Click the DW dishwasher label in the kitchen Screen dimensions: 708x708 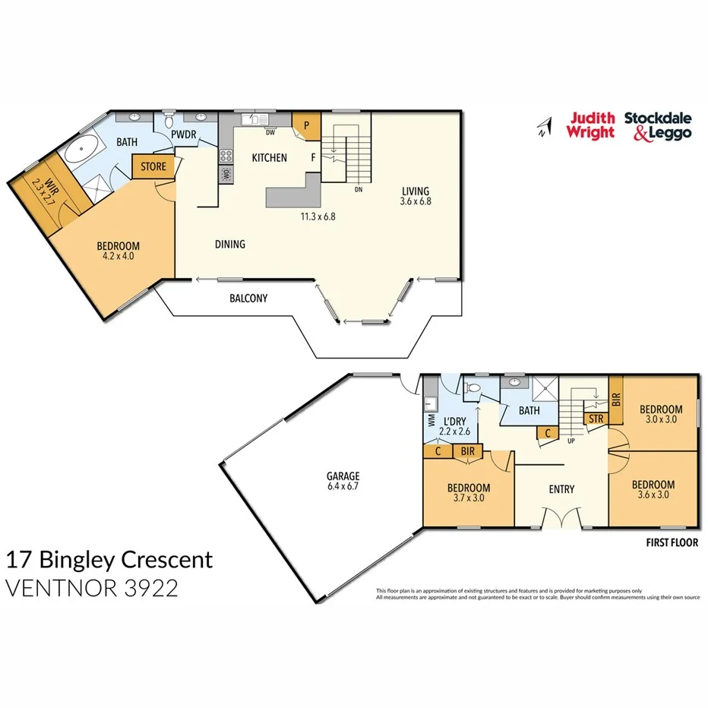[270, 132]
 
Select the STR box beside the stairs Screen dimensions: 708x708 [595, 418]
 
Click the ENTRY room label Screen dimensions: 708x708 [561, 489]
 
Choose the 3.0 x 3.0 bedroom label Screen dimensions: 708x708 [659, 411]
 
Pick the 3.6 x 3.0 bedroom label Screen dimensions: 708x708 [653, 490]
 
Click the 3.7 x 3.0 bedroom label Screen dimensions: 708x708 [469, 493]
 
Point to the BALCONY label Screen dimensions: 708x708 [248, 299]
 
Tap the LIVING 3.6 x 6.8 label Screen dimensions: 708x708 [416, 196]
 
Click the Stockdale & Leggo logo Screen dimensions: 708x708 [658, 125]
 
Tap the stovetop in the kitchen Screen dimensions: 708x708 [226, 156]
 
